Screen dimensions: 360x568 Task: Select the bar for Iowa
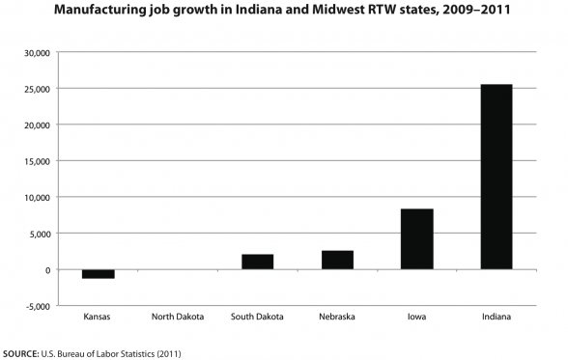(417, 238)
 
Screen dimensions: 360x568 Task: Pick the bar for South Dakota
(257, 262)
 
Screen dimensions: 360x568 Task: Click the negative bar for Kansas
(98, 274)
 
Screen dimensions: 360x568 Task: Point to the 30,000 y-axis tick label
(36, 52)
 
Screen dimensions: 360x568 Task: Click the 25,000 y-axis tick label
(36, 89)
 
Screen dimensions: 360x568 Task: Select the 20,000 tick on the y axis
(36, 125)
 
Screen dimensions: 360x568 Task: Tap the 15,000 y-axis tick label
(36, 161)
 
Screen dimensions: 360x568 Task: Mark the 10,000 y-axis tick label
(36, 197)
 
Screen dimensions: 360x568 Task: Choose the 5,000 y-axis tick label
(39, 234)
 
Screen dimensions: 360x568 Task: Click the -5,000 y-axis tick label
(37, 306)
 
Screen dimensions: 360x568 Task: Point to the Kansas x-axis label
(98, 317)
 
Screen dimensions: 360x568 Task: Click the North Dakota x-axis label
(177, 317)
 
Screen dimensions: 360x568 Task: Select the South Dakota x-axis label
(257, 317)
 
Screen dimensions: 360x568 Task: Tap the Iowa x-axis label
(417, 317)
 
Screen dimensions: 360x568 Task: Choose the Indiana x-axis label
(497, 317)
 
